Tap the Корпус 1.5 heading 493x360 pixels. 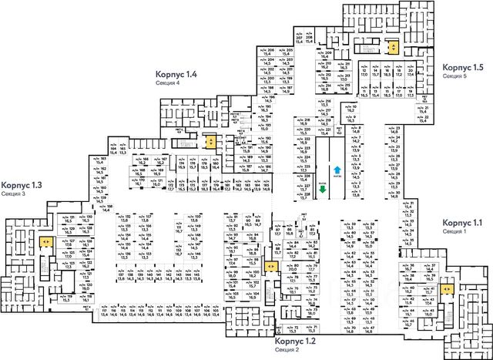[x=462, y=69]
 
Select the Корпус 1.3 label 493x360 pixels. [x=21, y=185]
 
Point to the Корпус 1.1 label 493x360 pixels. [x=462, y=223]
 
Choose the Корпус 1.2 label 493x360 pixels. [x=296, y=340]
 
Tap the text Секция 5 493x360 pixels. [x=454, y=77]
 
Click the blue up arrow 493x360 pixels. [x=337, y=170]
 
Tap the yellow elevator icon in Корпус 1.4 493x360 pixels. [x=210, y=142]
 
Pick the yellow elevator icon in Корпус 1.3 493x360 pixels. [x=46, y=242]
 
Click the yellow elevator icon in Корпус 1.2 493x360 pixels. [x=270, y=265]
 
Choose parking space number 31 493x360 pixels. [x=409, y=204]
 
